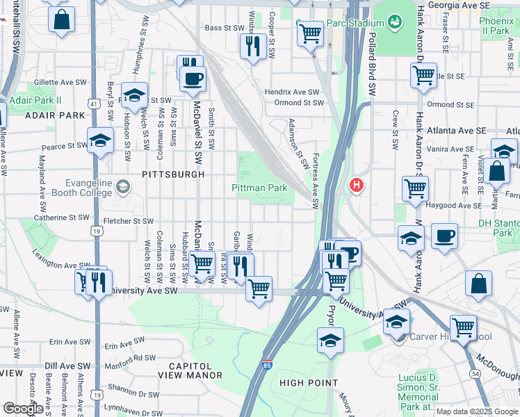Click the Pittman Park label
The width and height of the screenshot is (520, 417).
259,188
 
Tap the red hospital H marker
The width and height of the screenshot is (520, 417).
356,186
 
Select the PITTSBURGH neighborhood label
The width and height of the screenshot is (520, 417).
174,174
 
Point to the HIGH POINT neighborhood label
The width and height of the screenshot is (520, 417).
308,383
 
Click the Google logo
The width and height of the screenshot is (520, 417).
23,409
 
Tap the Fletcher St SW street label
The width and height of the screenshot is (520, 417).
128,221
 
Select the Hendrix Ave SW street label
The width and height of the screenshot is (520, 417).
292,92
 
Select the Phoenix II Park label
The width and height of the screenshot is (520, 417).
496,26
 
